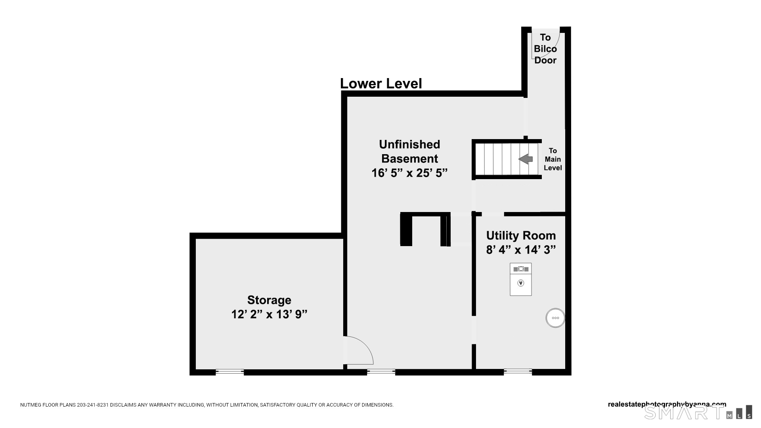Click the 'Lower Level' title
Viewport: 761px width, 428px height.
click(381, 84)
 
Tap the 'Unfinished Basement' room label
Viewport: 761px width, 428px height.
click(409, 151)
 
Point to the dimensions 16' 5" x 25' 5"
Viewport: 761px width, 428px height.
click(409, 173)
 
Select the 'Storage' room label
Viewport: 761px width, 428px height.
click(269, 300)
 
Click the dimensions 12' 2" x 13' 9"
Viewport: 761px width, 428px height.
click(269, 314)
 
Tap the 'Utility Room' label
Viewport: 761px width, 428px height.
click(521, 235)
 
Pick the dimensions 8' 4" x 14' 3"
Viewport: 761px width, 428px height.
click(521, 250)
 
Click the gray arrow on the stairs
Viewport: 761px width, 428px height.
click(526, 159)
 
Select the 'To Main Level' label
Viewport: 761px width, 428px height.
click(553, 159)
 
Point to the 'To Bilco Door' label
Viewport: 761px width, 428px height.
click(545, 49)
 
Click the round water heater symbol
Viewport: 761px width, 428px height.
click(555, 318)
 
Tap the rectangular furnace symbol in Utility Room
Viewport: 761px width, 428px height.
click(521, 279)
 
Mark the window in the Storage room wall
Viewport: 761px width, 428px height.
click(230, 372)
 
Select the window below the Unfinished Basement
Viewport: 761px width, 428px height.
click(381, 372)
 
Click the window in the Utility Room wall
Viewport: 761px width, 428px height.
click(518, 372)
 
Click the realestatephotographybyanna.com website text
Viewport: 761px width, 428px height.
click(667, 405)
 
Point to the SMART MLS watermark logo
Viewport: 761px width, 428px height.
click(698, 412)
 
